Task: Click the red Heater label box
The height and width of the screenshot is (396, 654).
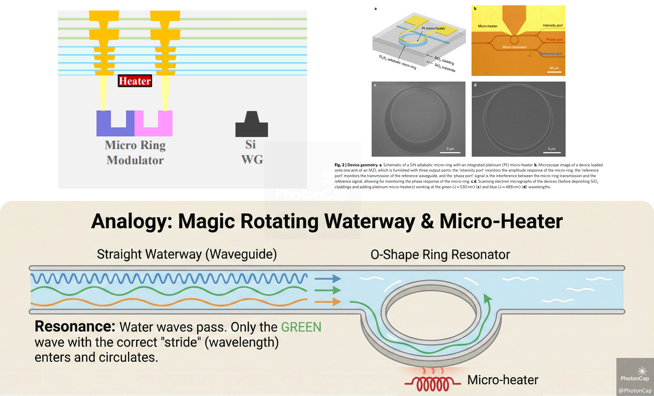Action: click(135, 81)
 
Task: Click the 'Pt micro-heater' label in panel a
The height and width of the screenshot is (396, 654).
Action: click(433, 28)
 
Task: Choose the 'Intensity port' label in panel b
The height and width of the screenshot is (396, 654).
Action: click(553, 25)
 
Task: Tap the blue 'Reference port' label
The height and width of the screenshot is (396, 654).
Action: click(551, 54)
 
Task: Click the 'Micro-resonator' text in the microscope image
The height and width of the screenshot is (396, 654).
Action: click(514, 47)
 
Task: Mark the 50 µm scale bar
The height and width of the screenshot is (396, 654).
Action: click(554, 72)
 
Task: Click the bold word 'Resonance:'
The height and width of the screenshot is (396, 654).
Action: click(75, 326)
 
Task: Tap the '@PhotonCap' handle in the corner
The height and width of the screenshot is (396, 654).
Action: click(635, 390)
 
